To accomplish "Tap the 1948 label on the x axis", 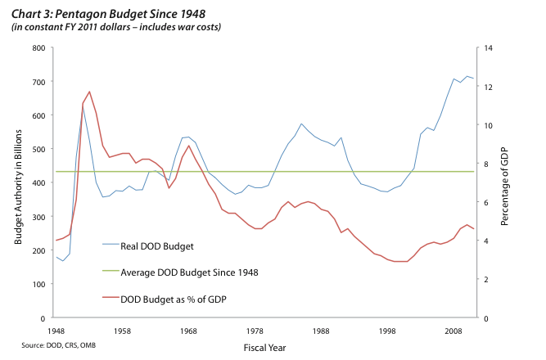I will pyautogui.click(x=56, y=331).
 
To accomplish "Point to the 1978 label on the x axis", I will pyautogui.click(x=254, y=331).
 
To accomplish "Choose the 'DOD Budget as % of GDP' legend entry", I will pyautogui.click(x=173, y=299).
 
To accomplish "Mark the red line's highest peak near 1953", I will pyautogui.click(x=89, y=92).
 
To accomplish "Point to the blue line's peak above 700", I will pyautogui.click(x=467, y=76).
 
